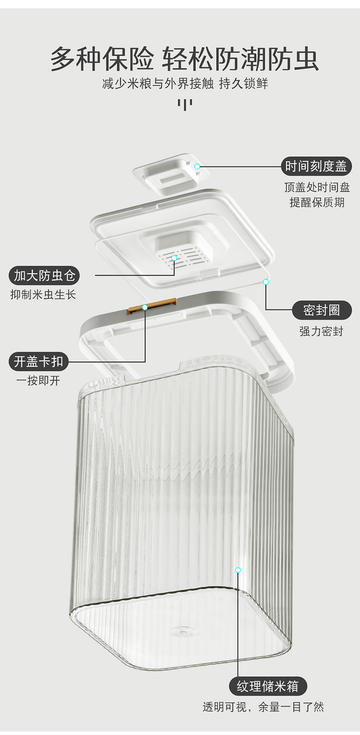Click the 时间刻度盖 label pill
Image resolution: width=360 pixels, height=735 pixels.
(316, 166)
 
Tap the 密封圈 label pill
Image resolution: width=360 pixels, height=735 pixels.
(322, 310)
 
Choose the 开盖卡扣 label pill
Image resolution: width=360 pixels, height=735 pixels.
(38, 361)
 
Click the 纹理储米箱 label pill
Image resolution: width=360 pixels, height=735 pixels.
(267, 686)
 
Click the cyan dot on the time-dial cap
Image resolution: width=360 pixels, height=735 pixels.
(197, 166)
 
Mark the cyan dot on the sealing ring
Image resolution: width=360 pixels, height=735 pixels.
(266, 282)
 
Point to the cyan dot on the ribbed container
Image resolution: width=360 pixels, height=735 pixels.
(237, 570)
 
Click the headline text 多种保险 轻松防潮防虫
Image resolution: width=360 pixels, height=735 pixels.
(184, 59)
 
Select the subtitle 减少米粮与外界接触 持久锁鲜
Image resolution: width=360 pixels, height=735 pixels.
(185, 84)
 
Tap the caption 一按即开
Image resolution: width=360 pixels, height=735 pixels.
(38, 381)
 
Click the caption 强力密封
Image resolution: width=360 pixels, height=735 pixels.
(321, 331)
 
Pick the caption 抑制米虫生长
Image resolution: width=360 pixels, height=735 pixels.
(43, 295)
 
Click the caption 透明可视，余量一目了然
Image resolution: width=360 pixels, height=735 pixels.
(263, 707)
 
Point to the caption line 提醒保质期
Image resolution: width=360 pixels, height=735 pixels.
(317, 202)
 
